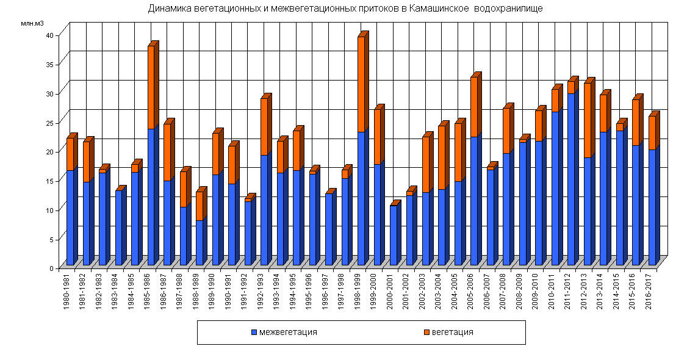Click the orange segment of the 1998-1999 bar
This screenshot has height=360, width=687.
(361, 84)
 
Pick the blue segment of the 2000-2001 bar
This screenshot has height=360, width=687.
(394, 235)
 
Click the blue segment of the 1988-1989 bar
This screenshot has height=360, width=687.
(200, 242)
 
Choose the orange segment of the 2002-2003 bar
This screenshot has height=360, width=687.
(426, 164)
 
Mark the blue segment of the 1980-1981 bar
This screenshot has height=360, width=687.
(70, 217)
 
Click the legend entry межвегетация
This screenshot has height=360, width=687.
(284, 332)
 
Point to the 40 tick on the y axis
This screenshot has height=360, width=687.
(54, 35)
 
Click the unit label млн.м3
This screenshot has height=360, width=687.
(32, 23)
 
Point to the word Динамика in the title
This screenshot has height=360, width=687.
(167, 9)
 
